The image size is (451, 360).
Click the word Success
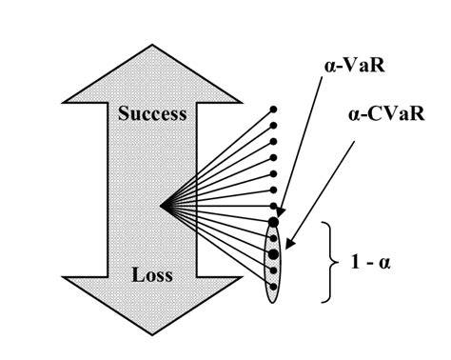[152, 113]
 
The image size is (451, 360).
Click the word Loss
[152, 276]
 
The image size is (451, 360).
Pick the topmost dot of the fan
[274, 109]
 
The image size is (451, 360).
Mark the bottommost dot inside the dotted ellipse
[274, 286]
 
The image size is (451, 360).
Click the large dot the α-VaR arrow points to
[274, 222]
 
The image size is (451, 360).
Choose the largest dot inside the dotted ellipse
[274, 254]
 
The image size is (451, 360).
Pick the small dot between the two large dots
[274, 238]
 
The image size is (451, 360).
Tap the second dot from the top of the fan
[274, 125]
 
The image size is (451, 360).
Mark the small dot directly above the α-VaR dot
[274, 206]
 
